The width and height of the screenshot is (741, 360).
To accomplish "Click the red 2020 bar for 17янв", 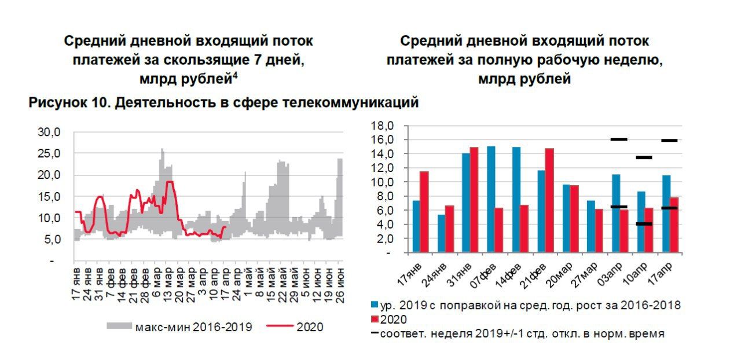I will (x=424, y=212).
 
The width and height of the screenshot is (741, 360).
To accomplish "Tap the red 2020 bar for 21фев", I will (x=549, y=200).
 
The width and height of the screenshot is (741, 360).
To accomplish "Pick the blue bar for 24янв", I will (x=441, y=233).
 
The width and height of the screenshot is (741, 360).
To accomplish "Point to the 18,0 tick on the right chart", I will (x=383, y=126).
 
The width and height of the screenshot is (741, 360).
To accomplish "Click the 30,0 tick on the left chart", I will (x=49, y=132).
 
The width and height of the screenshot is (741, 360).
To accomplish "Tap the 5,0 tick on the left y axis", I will (x=52, y=240).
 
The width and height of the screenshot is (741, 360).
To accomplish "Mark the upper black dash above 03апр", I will (x=619, y=139).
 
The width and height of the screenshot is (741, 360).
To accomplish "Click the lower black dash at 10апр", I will (x=644, y=223).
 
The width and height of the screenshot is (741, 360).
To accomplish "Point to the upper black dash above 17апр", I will (x=669, y=140).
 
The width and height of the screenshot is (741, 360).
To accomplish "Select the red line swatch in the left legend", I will (x=280, y=327).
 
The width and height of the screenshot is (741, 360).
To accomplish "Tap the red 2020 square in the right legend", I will (x=375, y=319).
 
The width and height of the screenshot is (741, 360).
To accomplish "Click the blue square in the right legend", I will (x=375, y=305).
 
